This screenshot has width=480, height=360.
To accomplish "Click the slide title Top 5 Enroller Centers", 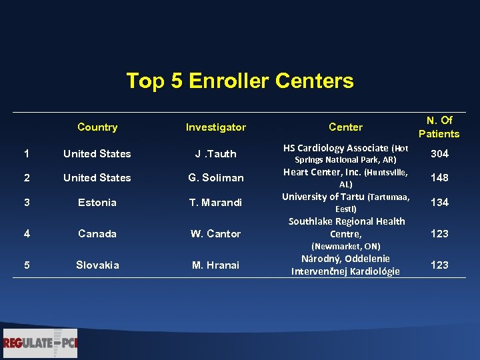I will pos(240,81).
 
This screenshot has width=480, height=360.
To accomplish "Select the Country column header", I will pos(97,127).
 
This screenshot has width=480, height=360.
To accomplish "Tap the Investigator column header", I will pos(215,127).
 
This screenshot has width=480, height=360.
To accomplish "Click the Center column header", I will pos(345,127).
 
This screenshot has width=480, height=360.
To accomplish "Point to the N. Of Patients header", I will pos(439,127).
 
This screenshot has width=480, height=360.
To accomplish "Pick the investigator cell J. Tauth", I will pos(215,154).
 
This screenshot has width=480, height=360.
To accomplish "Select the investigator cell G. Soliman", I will pos(215,178).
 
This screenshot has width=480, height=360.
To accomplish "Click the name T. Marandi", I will pos(215,203).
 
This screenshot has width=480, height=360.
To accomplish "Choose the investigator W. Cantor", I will pos(215,234).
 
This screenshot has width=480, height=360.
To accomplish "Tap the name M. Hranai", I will pos(215,265).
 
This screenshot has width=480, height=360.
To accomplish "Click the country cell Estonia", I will pos(97,203).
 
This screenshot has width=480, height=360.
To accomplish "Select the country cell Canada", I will pos(97,234).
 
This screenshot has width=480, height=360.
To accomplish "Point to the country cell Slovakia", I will pos(97,265).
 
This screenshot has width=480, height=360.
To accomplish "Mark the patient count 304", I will pos(439,154).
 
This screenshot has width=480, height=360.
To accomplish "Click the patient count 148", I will pos(439,178).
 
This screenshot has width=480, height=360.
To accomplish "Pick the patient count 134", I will pos(439,203).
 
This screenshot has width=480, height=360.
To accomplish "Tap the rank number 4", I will pos(26,234).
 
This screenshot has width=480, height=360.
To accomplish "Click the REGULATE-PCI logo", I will pos(40,343).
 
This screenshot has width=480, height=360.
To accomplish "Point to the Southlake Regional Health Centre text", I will pos(346,227).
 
